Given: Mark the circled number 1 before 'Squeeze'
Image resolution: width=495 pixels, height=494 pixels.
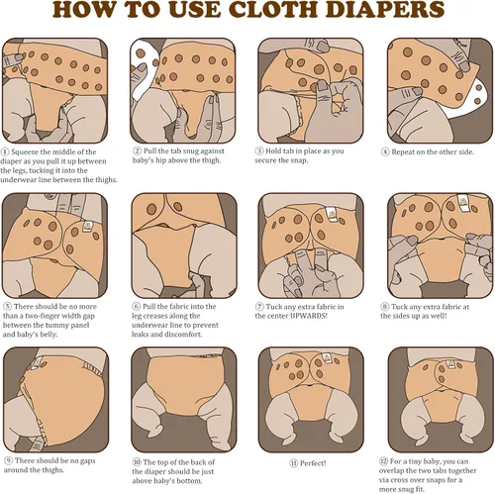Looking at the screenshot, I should pyautogui.click(x=7, y=151).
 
